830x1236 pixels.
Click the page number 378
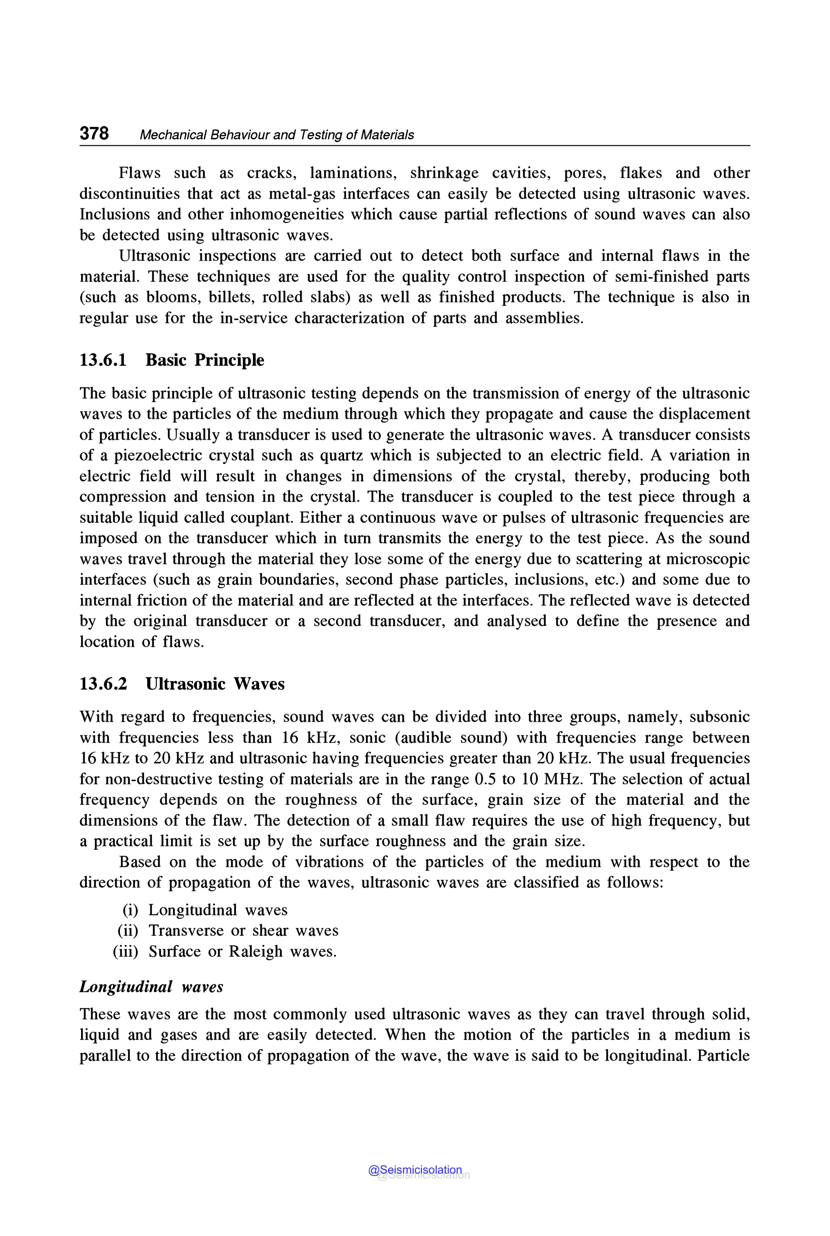click(94, 133)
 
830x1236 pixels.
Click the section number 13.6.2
click(103, 684)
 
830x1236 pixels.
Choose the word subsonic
click(719, 717)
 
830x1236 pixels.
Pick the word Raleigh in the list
click(256, 951)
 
